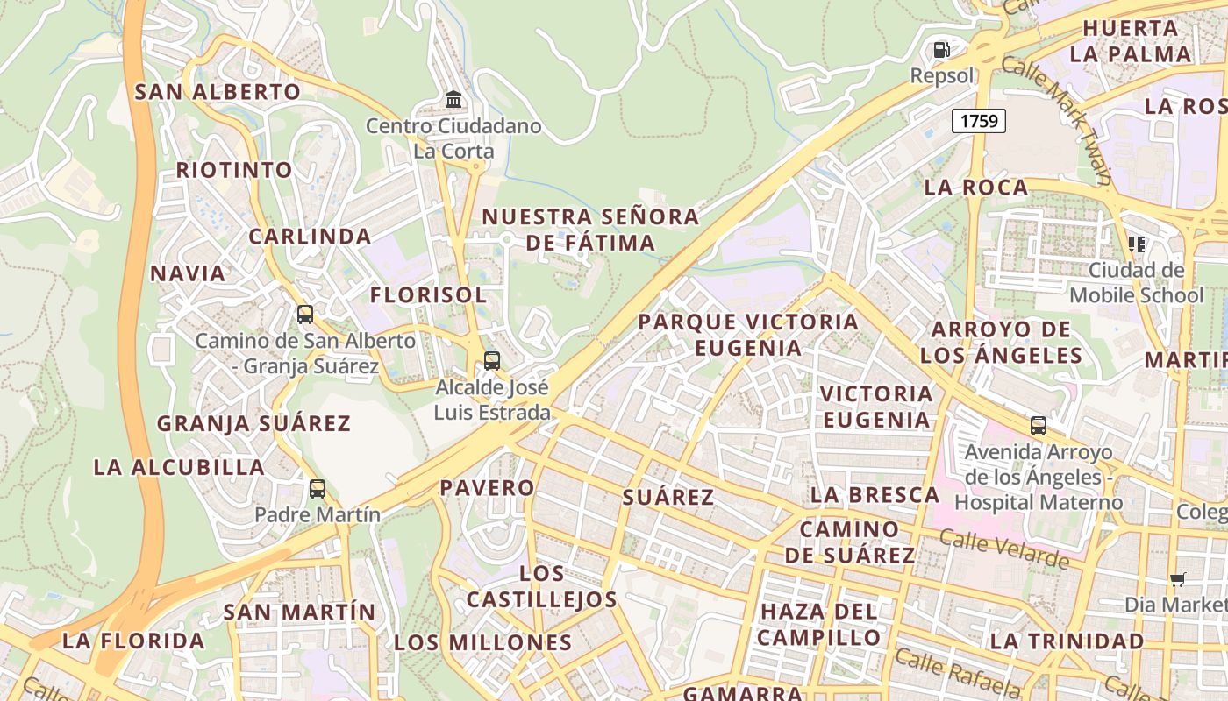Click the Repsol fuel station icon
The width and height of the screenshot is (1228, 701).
point(941,50)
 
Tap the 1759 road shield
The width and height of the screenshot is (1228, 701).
point(979,121)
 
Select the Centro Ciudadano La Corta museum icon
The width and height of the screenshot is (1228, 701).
point(453,99)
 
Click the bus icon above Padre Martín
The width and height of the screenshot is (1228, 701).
point(318,489)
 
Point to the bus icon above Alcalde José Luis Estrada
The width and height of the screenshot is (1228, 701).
point(492,360)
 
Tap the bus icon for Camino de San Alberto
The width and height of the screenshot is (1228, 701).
point(305,314)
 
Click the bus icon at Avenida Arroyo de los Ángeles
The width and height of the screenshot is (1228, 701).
point(1039,427)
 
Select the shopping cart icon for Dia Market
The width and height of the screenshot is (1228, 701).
point(1177,579)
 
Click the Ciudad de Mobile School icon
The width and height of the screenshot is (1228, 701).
point(1137,244)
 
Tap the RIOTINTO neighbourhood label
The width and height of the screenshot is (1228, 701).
point(234,170)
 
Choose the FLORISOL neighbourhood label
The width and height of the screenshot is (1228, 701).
point(428,295)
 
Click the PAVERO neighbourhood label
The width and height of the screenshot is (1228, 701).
point(487,488)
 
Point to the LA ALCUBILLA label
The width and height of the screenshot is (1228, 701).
point(179,467)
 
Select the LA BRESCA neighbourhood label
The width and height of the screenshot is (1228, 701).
point(875,495)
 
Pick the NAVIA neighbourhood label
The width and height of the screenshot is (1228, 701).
point(188,273)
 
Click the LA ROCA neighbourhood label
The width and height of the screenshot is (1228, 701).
point(976,188)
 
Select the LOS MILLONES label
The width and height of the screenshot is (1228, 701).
point(483,642)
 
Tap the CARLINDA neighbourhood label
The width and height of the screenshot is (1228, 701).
point(310,237)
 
